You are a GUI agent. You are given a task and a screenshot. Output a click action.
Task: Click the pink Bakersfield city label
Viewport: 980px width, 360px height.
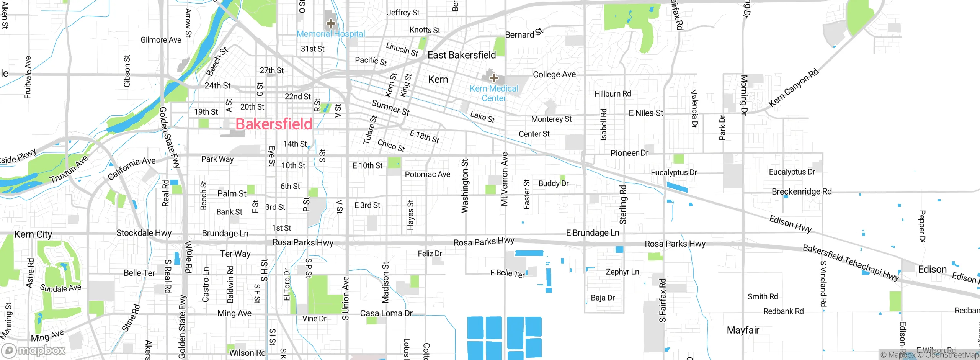point(274,124)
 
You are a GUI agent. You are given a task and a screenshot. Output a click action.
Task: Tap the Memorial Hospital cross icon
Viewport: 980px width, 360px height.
point(331,23)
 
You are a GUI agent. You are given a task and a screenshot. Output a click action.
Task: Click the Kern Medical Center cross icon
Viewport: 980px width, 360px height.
point(494,78)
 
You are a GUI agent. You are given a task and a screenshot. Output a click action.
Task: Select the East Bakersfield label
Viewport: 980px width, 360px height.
point(462,55)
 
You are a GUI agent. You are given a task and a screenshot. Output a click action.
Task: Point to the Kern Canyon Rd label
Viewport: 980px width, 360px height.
point(794,88)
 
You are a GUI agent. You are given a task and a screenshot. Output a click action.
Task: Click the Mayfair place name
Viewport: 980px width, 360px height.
point(743,330)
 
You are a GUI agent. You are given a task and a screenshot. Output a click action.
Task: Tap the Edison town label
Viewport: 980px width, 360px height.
point(932,269)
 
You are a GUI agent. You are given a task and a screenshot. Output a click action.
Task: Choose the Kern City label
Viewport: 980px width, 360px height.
point(33,234)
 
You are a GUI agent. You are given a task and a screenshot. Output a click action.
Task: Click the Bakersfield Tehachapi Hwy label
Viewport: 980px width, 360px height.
point(851,263)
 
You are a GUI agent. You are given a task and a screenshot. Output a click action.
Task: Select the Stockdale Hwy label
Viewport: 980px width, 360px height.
point(144,233)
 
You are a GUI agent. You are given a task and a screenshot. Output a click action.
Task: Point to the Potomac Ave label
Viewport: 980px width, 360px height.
point(428,174)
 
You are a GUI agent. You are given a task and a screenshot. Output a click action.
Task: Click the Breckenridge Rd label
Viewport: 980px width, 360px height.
point(802,191)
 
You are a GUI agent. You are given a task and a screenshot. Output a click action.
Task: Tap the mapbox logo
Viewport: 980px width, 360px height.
point(34,350)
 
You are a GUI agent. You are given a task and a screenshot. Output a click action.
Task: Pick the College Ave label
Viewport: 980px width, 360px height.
point(554,74)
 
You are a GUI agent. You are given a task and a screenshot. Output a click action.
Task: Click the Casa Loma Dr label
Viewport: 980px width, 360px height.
point(386,313)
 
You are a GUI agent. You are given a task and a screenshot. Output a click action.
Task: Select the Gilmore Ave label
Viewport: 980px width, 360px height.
point(161,40)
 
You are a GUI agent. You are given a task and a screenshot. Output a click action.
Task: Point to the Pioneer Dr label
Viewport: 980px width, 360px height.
point(629,153)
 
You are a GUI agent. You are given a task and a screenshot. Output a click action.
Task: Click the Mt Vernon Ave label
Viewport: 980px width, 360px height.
point(505,179)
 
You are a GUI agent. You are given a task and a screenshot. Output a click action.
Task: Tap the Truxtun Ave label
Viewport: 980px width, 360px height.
point(69,169)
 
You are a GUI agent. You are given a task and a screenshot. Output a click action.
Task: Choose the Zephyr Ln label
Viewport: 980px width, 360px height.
point(622,272)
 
